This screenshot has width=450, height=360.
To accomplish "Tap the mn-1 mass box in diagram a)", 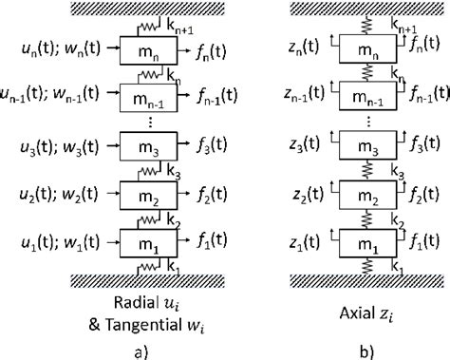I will pyautogui.click(x=144, y=97).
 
